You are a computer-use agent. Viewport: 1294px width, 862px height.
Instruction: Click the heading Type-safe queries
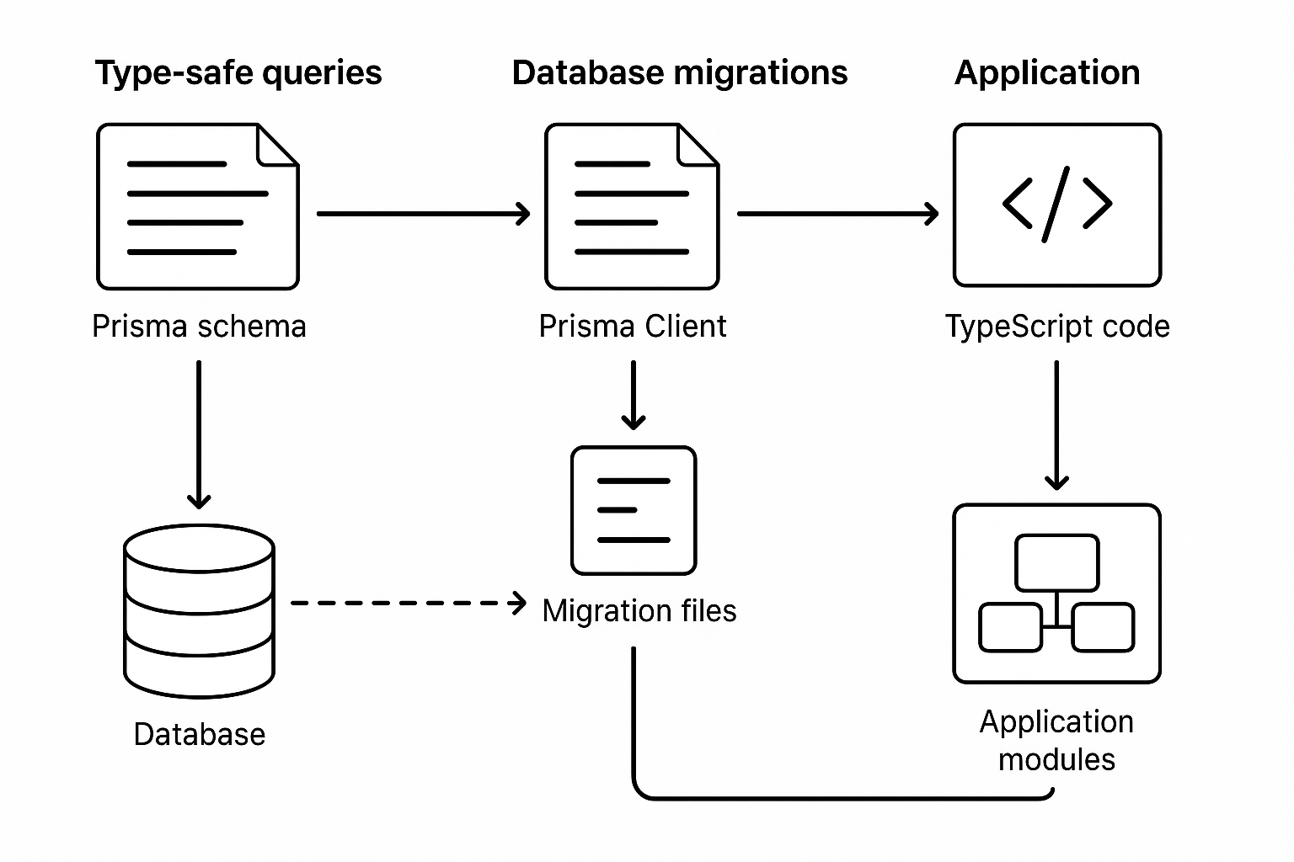click(238, 73)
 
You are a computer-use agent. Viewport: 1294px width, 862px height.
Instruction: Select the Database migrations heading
click(679, 73)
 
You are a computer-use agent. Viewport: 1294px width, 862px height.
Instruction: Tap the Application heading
click(1046, 73)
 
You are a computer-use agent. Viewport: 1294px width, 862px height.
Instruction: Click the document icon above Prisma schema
click(198, 207)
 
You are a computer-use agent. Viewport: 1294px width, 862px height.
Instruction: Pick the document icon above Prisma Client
click(632, 207)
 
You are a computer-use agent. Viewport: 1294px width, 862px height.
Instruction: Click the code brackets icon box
click(1056, 205)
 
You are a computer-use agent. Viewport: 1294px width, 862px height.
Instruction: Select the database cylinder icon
click(199, 610)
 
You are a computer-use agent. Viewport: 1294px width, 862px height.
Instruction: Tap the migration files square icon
click(634, 510)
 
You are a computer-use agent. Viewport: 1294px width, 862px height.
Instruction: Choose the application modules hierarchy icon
click(1056, 593)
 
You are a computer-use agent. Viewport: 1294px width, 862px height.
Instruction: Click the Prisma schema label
click(199, 327)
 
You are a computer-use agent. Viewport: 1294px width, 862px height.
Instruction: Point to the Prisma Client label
click(632, 327)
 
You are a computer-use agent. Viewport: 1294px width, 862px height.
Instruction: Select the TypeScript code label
click(1056, 327)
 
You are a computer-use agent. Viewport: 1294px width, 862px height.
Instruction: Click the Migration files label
click(639, 611)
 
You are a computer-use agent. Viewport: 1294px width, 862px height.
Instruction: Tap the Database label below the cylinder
click(199, 735)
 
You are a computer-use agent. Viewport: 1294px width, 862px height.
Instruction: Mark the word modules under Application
click(1056, 759)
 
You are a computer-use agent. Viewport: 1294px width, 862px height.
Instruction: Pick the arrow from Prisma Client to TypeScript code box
click(837, 214)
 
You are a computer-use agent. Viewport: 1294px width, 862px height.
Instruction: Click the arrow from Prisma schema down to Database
click(199, 434)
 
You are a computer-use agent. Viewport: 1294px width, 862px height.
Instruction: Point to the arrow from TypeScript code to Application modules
click(1056, 425)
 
